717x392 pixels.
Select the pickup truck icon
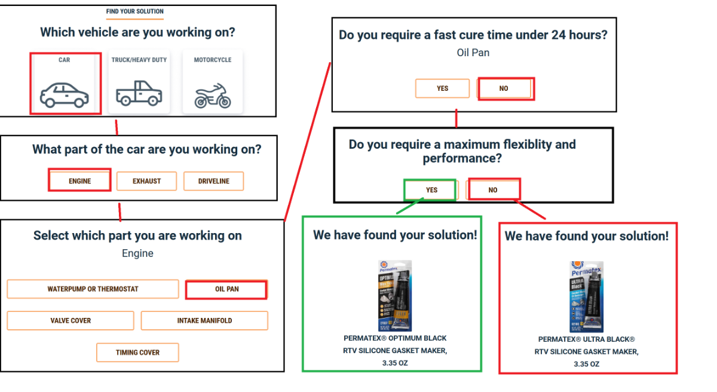(139, 94)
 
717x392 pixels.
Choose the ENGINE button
(79, 181)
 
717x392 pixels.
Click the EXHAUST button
(146, 181)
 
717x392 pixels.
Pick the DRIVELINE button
(213, 181)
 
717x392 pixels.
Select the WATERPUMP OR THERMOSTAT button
(93, 289)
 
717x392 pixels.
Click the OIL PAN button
(226, 289)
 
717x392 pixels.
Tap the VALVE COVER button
(71, 321)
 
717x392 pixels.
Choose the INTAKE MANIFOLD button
(204, 321)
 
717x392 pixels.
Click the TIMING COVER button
(137, 353)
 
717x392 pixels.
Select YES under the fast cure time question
(442, 88)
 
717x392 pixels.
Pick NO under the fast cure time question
(504, 88)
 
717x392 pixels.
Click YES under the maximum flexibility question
(431, 190)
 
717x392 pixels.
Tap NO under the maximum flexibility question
(493, 190)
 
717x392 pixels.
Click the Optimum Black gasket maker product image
(395, 296)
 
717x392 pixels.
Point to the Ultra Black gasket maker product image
(586, 296)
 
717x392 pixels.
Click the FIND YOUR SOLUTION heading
(134, 11)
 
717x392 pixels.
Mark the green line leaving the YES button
(410, 207)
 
